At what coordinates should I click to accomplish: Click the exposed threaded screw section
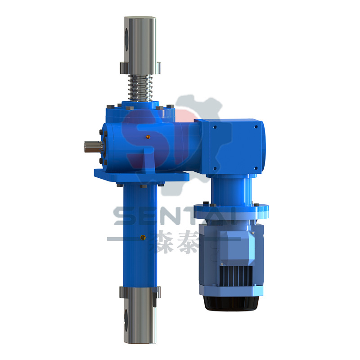point(139,88)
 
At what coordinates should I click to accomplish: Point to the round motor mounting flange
point(231,209)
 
